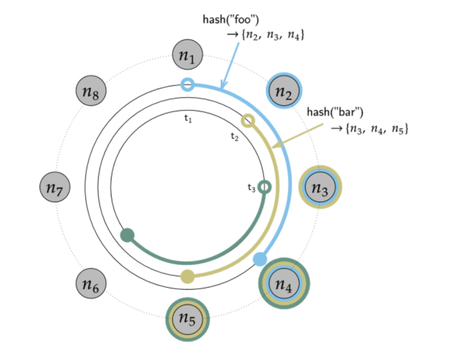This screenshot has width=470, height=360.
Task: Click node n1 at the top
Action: [x=188, y=55]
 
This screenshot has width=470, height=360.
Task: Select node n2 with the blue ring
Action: [x=284, y=91]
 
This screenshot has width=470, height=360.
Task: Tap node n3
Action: [x=320, y=187]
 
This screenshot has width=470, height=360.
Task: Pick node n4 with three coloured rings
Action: [x=284, y=283]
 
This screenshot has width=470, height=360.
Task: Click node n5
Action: [x=188, y=319]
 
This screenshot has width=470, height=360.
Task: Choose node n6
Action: [x=91, y=283]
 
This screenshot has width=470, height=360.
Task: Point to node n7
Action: [x=55, y=187]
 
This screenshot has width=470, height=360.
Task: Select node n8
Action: [x=91, y=91]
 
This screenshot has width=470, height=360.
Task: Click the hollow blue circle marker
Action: [x=188, y=84]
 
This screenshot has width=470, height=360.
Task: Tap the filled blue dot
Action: [x=260, y=259]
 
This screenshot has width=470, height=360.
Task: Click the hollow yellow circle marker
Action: [x=248, y=120]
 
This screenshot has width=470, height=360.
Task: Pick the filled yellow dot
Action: [x=188, y=276]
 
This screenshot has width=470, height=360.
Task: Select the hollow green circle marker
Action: [x=265, y=187]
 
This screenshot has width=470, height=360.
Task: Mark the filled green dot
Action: [x=128, y=235]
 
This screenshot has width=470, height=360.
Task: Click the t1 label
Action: [x=188, y=119]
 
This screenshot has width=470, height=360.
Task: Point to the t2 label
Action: [x=235, y=137]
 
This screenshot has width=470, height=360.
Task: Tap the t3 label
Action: [x=252, y=188]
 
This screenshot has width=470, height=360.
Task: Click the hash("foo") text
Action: [x=231, y=19]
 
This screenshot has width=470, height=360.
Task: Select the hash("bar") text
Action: [x=335, y=112]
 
